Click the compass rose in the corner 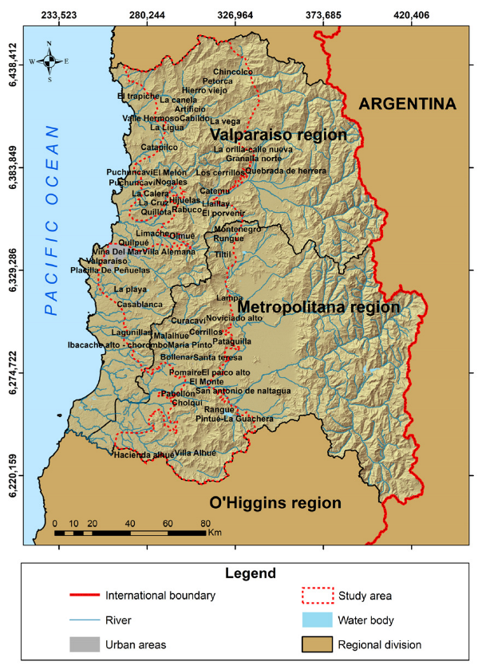49,61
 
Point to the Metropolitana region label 318,306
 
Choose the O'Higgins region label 275,503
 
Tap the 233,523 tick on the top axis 58,14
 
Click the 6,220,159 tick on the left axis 14,476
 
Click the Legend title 239,573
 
